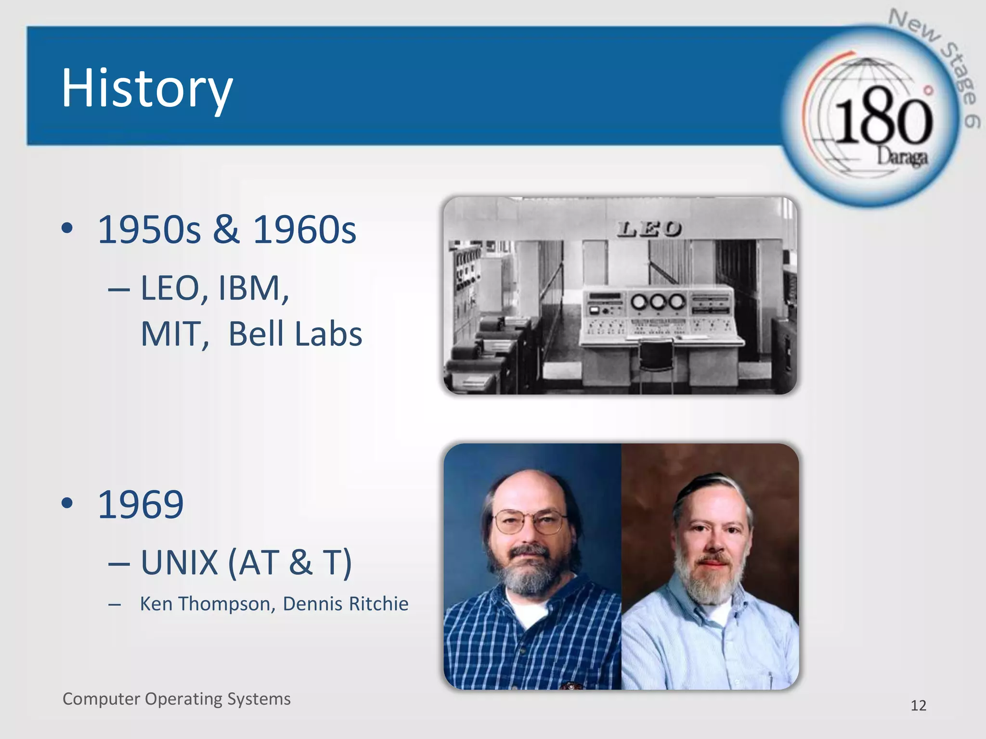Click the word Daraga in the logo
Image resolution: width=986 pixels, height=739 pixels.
click(x=901, y=156)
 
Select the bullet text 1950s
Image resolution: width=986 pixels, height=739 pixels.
click(x=149, y=229)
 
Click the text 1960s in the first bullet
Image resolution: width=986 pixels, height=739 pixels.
click(x=304, y=229)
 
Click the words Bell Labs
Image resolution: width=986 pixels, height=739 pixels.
click(x=295, y=334)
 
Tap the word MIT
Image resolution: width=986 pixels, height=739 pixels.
click(x=174, y=334)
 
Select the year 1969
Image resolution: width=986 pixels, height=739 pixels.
click(x=140, y=504)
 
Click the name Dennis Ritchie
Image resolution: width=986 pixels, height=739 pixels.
click(x=345, y=604)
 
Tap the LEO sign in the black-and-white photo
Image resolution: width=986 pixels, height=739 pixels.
click(x=649, y=229)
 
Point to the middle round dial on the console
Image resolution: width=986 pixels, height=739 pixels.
click(x=658, y=302)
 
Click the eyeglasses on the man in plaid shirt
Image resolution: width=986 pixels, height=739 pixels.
click(x=529, y=522)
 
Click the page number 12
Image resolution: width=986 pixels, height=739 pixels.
click(x=918, y=705)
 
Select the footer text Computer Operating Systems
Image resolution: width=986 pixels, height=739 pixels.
click(x=176, y=699)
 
